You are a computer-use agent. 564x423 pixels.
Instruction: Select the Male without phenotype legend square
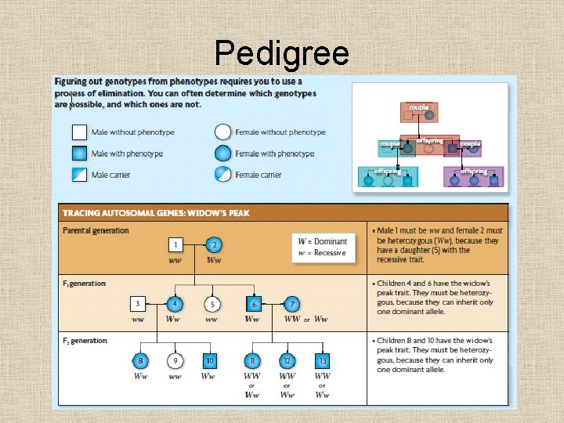(79, 132)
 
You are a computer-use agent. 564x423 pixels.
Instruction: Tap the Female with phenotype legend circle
(223, 154)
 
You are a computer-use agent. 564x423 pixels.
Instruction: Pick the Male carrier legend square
(79, 174)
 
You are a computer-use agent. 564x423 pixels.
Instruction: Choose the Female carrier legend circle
(223, 174)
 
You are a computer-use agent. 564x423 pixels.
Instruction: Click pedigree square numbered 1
(177, 245)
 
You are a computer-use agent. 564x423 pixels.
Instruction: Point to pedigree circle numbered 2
(213, 245)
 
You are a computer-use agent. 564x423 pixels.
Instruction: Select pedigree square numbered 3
(138, 303)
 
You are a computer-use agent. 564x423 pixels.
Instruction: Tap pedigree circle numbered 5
(211, 303)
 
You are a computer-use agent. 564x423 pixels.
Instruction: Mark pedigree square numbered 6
(253, 303)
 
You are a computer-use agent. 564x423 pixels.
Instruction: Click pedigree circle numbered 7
(291, 303)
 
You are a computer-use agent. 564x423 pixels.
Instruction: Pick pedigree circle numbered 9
(175, 360)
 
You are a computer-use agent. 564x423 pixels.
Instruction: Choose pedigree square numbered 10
(210, 360)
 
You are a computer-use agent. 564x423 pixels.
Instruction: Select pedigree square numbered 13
(322, 360)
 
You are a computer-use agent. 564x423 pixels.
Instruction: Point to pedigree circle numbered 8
(140, 360)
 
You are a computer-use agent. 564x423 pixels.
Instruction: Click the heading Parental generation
(96, 230)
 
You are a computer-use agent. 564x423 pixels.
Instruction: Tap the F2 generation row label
(84, 341)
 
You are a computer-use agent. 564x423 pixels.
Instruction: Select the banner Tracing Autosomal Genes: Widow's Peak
(156, 212)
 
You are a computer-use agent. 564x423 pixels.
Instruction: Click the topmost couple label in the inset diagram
(418, 107)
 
